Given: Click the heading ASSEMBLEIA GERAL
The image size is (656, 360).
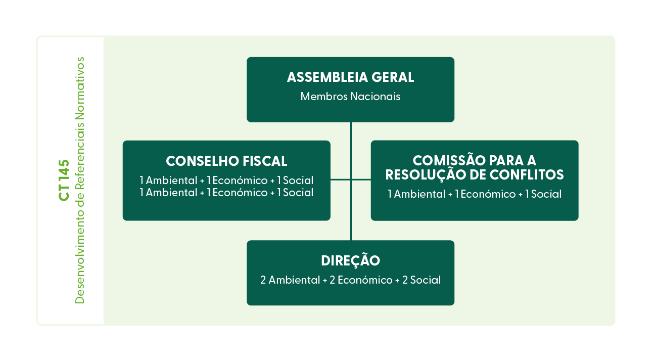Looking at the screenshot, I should tap(350, 77).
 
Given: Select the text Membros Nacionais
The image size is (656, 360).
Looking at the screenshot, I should tap(350, 97).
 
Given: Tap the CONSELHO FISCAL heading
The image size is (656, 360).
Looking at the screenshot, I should tap(226, 161).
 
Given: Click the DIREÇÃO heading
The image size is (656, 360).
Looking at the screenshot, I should tap(350, 261).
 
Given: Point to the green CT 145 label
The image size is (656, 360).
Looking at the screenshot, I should tap(64, 181).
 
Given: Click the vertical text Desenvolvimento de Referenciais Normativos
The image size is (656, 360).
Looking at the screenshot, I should tap(80, 181).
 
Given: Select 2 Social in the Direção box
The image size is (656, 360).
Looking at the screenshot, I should tap(421, 280).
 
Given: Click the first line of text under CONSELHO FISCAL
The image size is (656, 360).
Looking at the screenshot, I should tap(226, 181).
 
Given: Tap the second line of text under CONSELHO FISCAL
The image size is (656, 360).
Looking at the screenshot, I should tap(226, 193).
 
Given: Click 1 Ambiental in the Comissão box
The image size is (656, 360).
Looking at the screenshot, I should tap(416, 194).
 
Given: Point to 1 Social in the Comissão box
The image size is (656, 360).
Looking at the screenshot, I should tap(543, 194).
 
